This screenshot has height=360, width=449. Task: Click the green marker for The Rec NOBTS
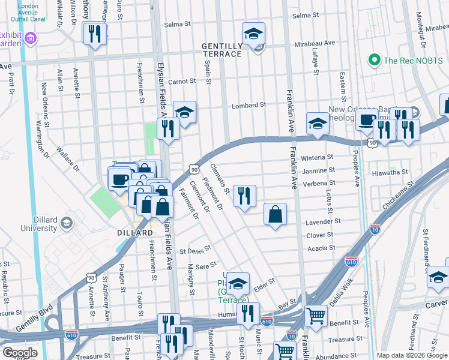click(x=375, y=60)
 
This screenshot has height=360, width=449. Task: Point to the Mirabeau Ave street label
click(x=318, y=44)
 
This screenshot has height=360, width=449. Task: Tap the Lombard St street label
click(x=249, y=105)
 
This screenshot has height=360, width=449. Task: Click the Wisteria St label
click(x=318, y=157)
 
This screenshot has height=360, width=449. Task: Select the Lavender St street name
click(x=323, y=221)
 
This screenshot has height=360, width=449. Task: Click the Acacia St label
click(x=321, y=248)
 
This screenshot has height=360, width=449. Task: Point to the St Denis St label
click(x=196, y=249)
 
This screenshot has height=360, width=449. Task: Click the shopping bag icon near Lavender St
click(x=275, y=214)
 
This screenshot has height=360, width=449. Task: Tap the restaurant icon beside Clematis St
click(x=244, y=196)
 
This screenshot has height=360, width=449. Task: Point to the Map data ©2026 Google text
click(x=411, y=355)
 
